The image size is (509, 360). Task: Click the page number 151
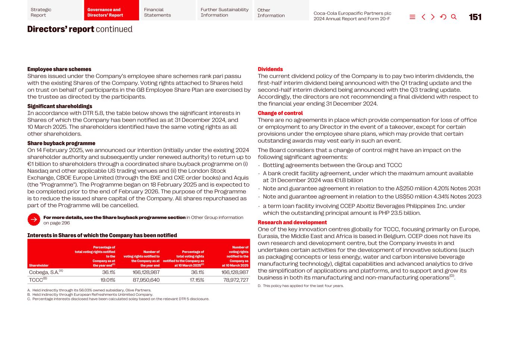tap(475, 17)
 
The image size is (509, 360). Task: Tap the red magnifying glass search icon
tap(454, 17)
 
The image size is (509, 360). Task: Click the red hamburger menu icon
tap(412, 17)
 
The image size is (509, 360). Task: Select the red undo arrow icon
tap(443, 17)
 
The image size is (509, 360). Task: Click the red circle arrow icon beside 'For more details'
tap(34, 220)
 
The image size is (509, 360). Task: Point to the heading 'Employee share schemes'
tap(59, 69)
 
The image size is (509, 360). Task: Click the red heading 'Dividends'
tap(270, 69)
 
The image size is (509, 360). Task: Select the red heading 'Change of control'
tap(280, 113)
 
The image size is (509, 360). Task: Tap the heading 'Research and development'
tap(292, 222)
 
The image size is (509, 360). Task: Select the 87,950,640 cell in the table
tap(146, 280)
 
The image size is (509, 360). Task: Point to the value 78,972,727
tap(236, 280)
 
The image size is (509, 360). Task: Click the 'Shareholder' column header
tap(39, 266)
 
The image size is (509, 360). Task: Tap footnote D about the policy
tap(301, 286)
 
